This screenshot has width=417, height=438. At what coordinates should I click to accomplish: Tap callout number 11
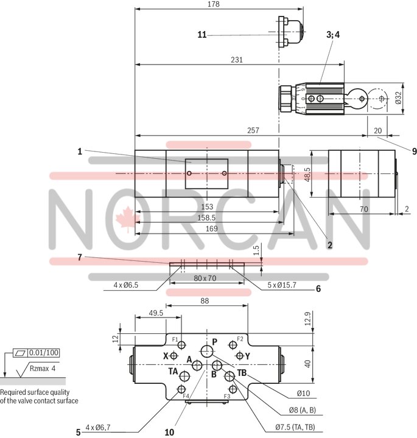(202, 35)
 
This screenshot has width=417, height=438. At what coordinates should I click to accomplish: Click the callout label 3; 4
(334, 35)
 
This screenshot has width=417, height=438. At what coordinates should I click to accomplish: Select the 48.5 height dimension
(308, 174)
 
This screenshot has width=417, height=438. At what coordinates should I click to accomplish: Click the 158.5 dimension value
(207, 218)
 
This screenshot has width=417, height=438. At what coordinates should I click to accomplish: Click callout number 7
(79, 258)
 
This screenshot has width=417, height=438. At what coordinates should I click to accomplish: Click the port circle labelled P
(207, 351)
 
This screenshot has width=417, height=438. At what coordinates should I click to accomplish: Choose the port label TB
(242, 372)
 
